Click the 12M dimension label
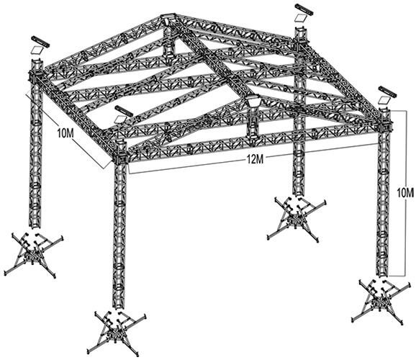click(x=254, y=160)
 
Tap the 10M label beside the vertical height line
click(x=405, y=194)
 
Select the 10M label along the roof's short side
click(x=65, y=133)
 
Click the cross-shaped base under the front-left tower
click(x=117, y=333)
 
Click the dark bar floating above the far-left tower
click(x=40, y=40)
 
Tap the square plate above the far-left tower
click(x=36, y=50)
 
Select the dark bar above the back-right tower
click(x=304, y=9)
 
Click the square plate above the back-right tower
click(x=301, y=18)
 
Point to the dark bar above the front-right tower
click(x=387, y=91)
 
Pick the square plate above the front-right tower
click(x=384, y=100)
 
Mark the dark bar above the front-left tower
click(x=123, y=110)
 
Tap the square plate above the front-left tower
click(x=120, y=120)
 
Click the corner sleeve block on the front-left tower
click(x=120, y=158)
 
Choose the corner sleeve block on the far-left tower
click(x=35, y=76)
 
